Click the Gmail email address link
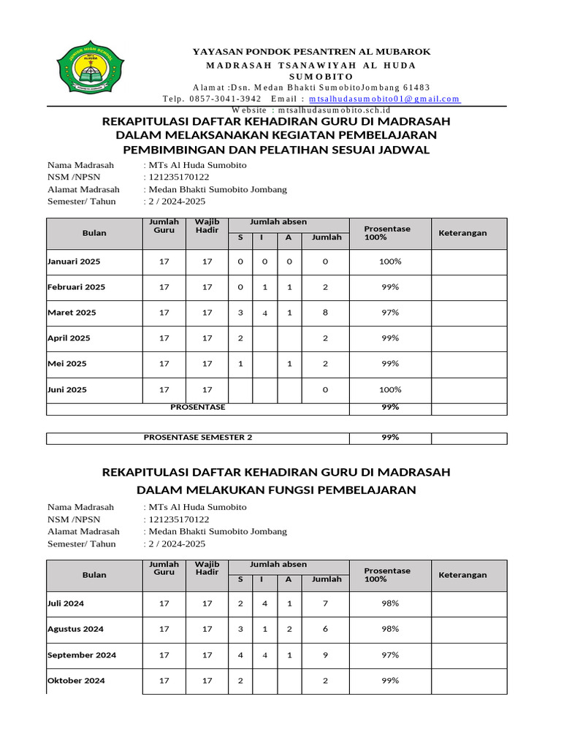point(384,99)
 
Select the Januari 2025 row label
point(74,262)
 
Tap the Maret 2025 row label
point(72,313)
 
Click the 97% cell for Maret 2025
point(390,313)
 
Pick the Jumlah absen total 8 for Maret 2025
point(326,313)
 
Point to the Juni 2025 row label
point(67,389)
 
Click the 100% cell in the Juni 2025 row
point(390,389)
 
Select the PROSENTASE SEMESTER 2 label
point(198,438)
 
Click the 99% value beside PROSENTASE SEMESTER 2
point(390,438)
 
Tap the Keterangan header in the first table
point(462,233)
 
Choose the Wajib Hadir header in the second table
point(207,569)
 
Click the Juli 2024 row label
point(66,603)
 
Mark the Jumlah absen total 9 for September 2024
point(326,655)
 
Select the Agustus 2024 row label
point(75,629)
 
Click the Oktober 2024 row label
point(76,681)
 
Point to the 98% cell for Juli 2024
point(390,603)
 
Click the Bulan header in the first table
point(94,233)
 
